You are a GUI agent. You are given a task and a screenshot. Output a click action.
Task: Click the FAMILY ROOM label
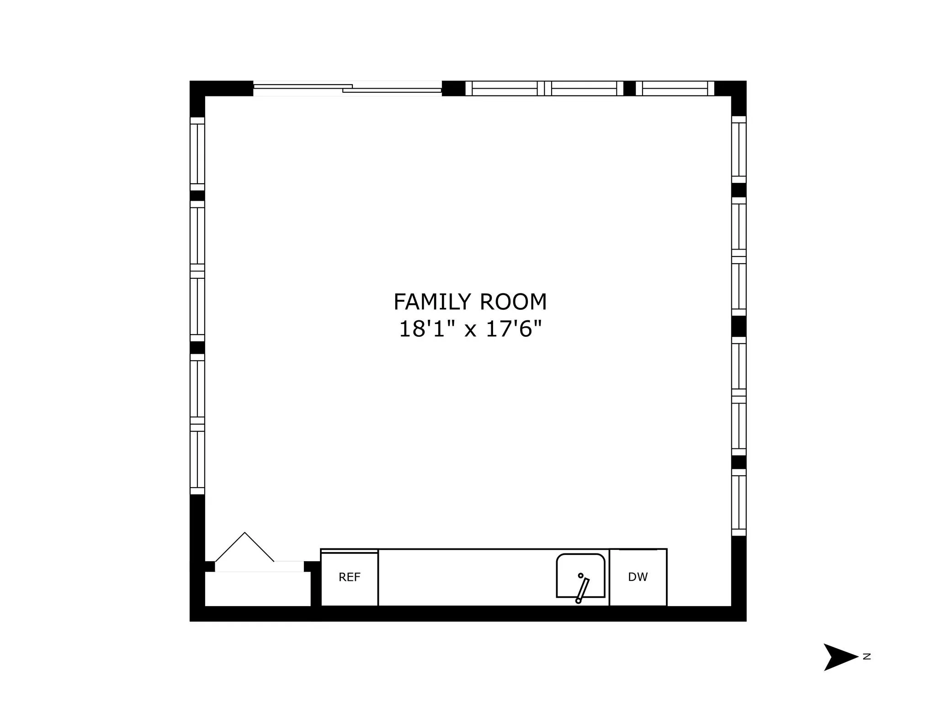(470, 302)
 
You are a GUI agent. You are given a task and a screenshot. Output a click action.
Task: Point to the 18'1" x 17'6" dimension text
(470, 329)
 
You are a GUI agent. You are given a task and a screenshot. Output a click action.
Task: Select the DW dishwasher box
(638, 578)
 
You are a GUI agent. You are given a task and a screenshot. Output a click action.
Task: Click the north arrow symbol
(839, 657)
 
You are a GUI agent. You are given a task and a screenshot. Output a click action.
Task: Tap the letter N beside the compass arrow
(867, 657)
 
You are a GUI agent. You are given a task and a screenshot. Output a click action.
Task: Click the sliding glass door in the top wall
(347, 88)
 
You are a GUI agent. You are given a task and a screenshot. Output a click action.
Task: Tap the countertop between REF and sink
(466, 578)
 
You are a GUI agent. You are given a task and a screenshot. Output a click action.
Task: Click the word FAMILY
(432, 302)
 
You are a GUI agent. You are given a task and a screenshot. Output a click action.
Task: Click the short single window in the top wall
(675, 88)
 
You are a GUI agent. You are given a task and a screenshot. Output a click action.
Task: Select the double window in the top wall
(544, 88)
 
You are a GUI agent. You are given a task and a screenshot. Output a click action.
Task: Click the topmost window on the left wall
(197, 154)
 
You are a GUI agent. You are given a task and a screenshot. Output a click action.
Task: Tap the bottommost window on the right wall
(739, 502)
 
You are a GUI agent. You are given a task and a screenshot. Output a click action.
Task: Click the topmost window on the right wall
(739, 149)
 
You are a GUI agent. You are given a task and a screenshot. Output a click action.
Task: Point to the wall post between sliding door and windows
(453, 88)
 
